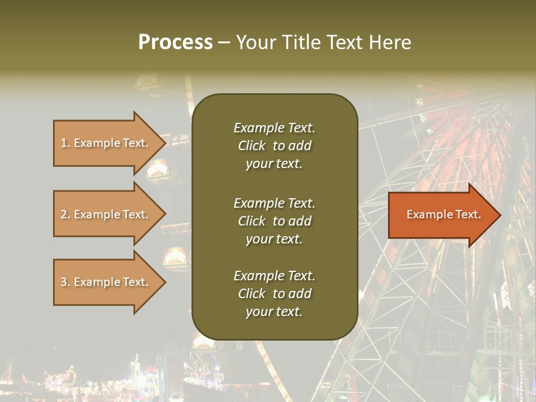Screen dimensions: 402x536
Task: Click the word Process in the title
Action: click(175, 42)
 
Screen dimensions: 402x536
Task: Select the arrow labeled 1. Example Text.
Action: click(106, 143)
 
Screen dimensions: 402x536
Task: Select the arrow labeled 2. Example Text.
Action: click(106, 214)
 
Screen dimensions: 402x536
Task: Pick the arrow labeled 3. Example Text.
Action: click(106, 282)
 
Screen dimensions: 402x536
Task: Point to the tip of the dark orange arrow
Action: click(499, 215)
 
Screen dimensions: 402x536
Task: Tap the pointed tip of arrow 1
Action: click(165, 143)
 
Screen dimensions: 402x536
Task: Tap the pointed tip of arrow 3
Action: click(165, 282)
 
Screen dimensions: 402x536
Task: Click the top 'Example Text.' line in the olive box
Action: click(274, 128)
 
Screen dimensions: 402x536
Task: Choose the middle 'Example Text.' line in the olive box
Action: click(274, 203)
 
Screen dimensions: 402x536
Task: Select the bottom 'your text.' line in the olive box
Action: click(274, 312)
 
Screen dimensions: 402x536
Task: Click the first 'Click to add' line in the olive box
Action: click(274, 146)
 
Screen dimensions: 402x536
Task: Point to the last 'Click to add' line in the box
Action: click(274, 294)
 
